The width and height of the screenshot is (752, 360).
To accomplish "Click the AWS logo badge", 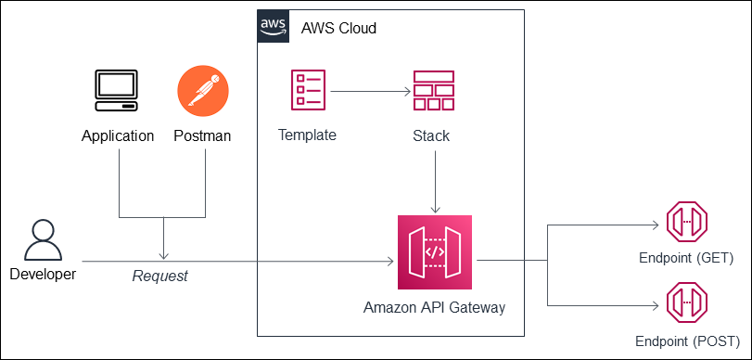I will pos(273,26).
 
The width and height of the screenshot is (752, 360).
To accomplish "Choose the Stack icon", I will pos(434,92).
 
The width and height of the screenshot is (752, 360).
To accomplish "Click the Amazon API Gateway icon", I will pos(434,252).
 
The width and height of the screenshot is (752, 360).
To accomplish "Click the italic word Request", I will pos(160,276).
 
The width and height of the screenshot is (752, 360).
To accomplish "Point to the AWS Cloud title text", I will pos(338,29).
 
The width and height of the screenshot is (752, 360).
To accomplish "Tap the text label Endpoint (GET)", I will pos(687,257).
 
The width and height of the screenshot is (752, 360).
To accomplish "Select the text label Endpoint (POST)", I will pos(687,341).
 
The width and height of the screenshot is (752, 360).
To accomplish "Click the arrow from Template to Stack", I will pos(371,92).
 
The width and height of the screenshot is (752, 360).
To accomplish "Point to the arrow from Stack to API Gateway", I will pos(434,180).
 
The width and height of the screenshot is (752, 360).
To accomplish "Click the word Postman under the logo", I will pos(202,136).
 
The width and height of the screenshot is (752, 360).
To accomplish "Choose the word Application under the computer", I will pos(118,136).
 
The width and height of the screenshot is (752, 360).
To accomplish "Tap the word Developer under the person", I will pos(44,274).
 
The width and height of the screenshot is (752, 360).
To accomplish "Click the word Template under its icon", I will pos(307,135).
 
